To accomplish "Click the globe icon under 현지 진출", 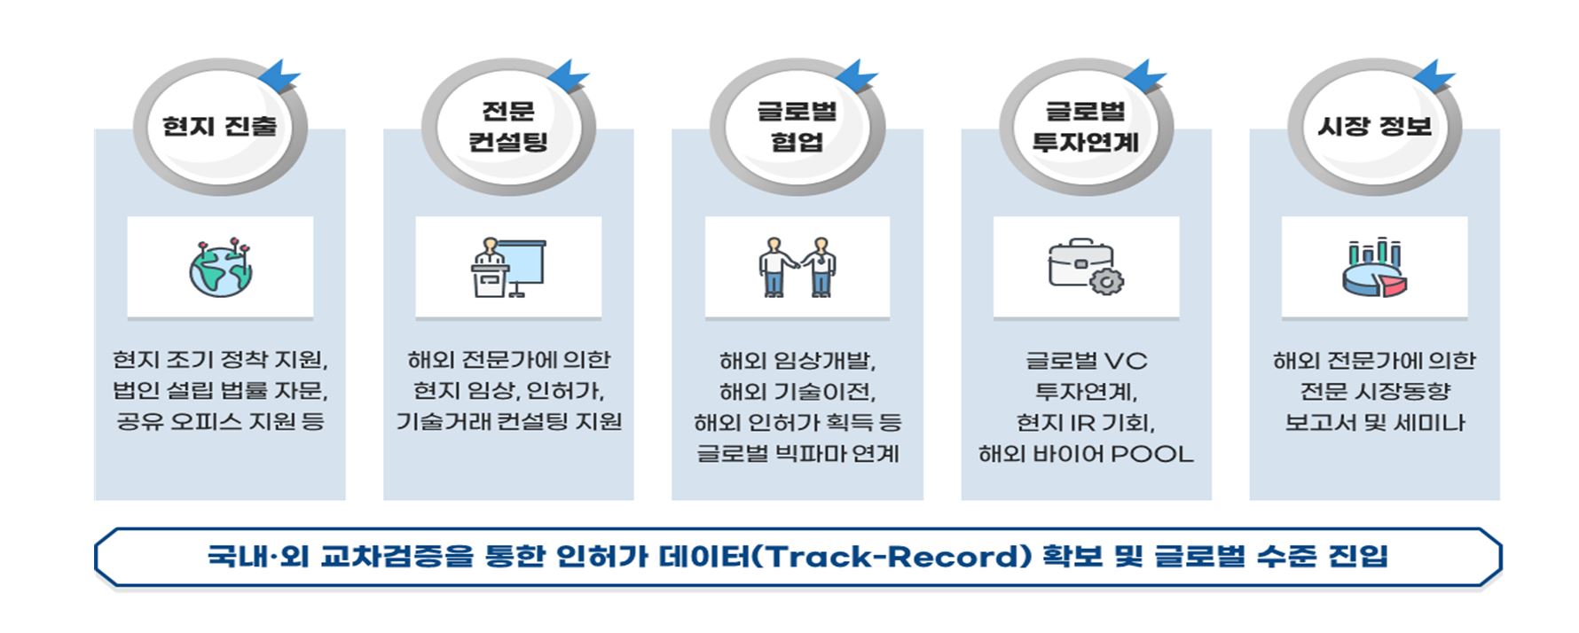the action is pyautogui.click(x=220, y=267).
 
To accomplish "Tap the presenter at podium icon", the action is pyautogui.click(x=508, y=267).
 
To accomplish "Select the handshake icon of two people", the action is pyautogui.click(x=797, y=267).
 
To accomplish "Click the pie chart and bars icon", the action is pyautogui.click(x=1374, y=267).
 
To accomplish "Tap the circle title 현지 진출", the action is pyautogui.click(x=219, y=126).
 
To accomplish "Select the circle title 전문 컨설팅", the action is pyautogui.click(x=508, y=126).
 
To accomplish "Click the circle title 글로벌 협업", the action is pyautogui.click(x=797, y=126).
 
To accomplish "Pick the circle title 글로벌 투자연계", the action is pyautogui.click(x=1086, y=126).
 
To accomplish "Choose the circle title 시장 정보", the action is pyautogui.click(x=1374, y=126).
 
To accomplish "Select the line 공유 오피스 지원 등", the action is pyautogui.click(x=220, y=421).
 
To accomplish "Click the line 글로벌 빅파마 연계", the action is pyautogui.click(x=797, y=454).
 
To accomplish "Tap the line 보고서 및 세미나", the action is pyautogui.click(x=1374, y=423).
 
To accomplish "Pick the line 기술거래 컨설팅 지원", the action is pyautogui.click(x=508, y=421).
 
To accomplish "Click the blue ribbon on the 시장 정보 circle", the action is pyautogui.click(x=1432, y=74).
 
